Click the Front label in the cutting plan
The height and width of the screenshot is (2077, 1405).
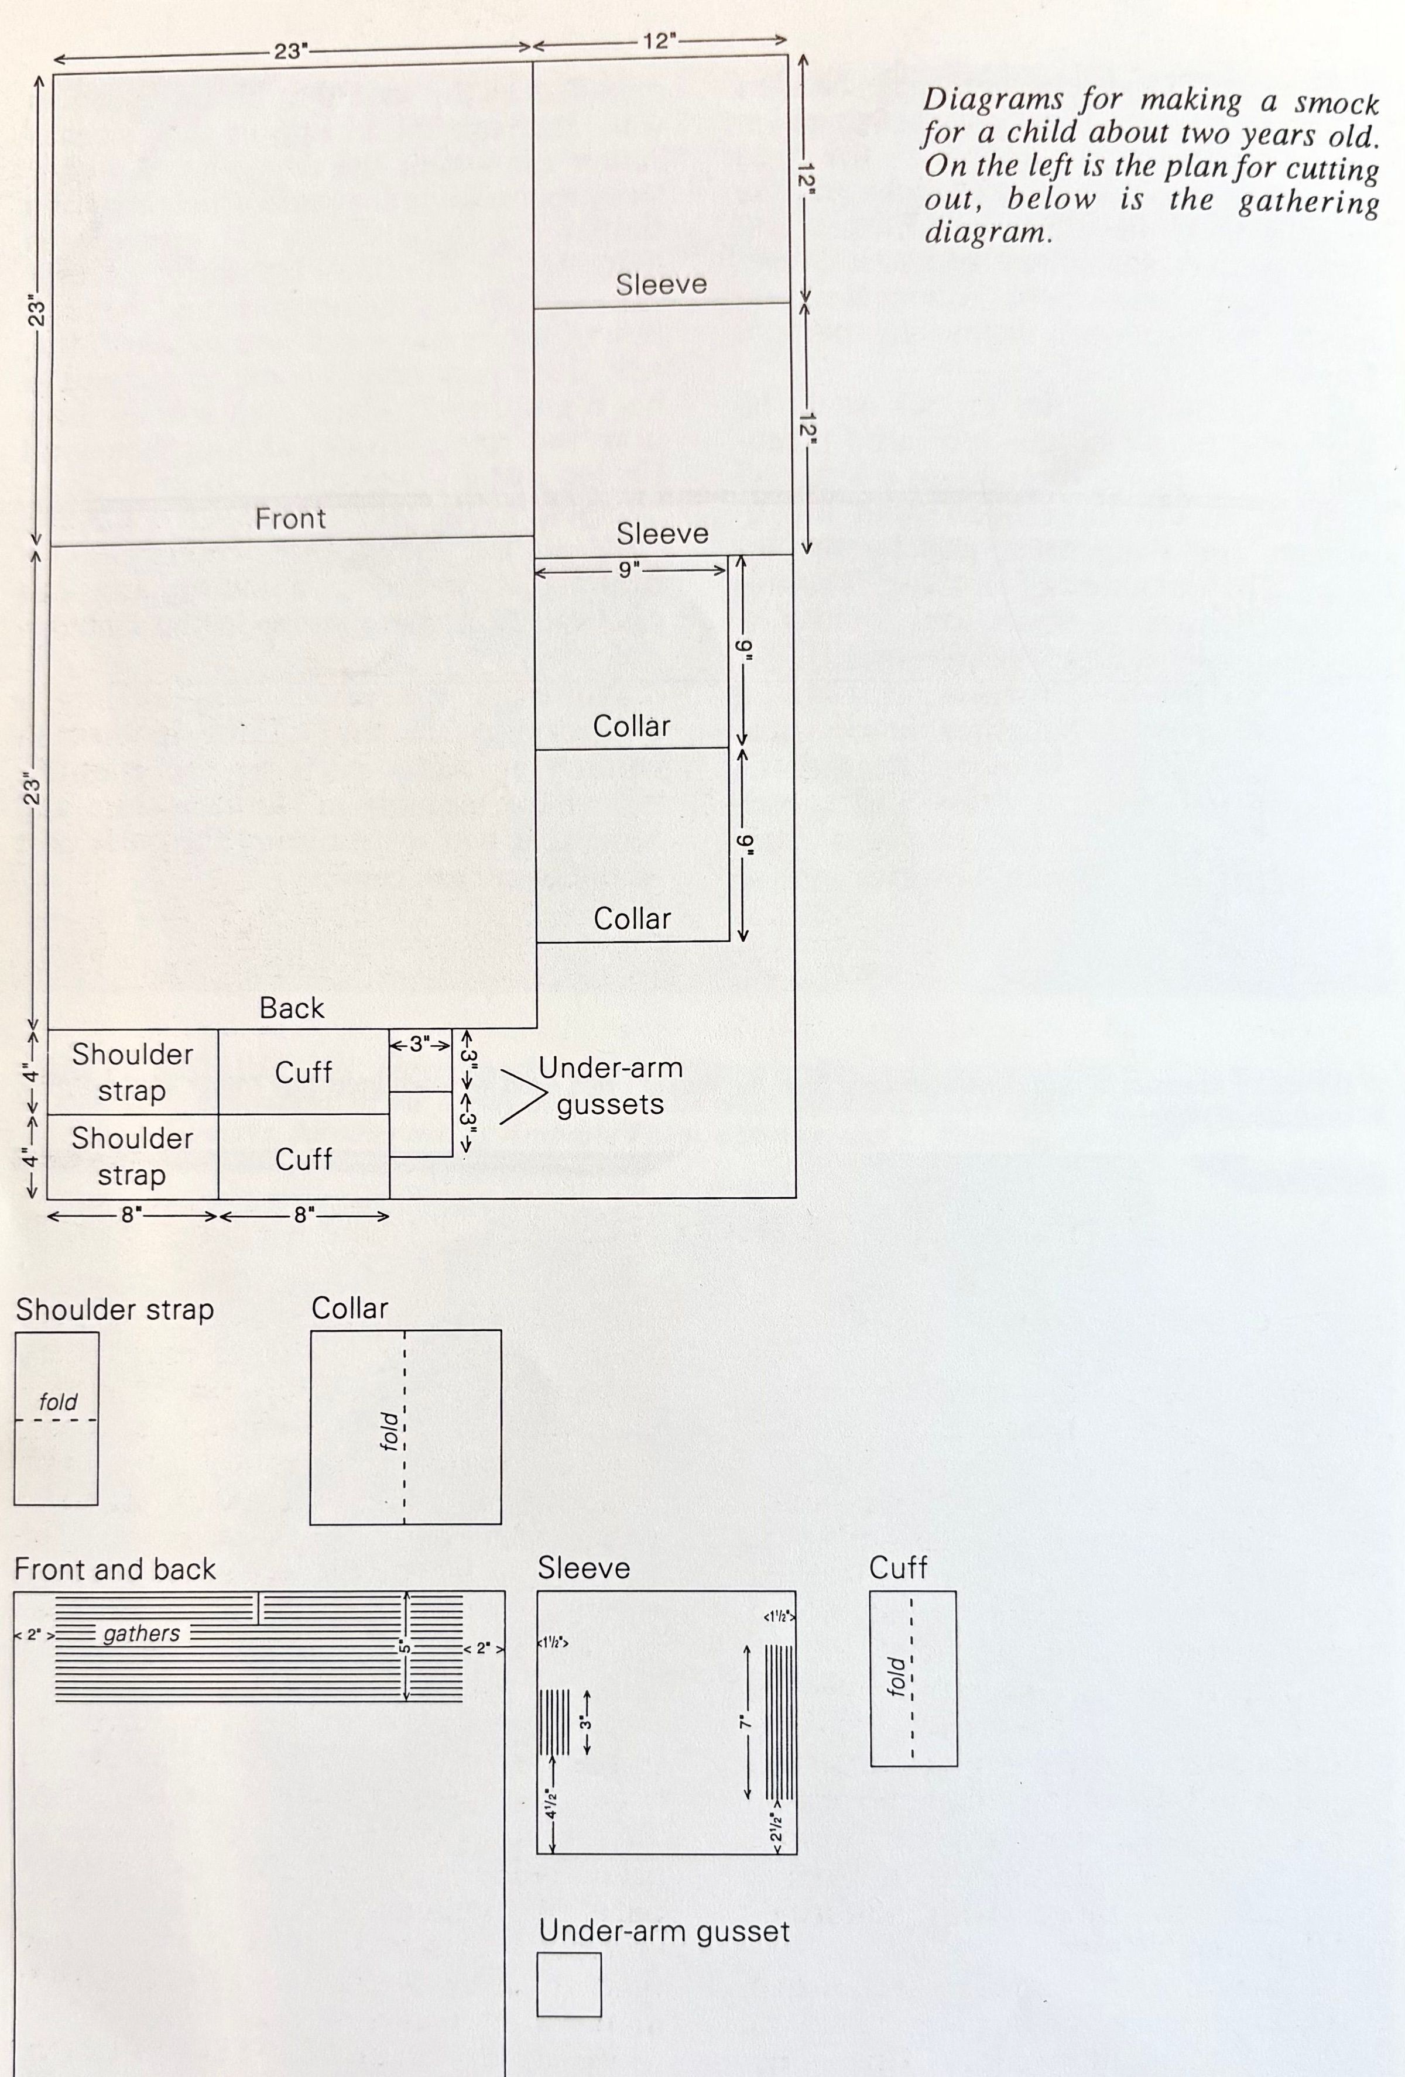point(290,519)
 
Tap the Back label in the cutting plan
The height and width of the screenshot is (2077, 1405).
point(292,1008)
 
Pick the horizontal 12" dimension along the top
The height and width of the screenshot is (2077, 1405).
point(660,41)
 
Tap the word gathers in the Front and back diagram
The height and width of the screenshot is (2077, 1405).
point(141,1634)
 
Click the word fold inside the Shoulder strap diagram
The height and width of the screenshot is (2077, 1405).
point(58,1402)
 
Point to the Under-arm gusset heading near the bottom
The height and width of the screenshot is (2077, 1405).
point(664,1931)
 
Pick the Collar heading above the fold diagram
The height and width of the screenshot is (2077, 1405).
point(349,1309)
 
